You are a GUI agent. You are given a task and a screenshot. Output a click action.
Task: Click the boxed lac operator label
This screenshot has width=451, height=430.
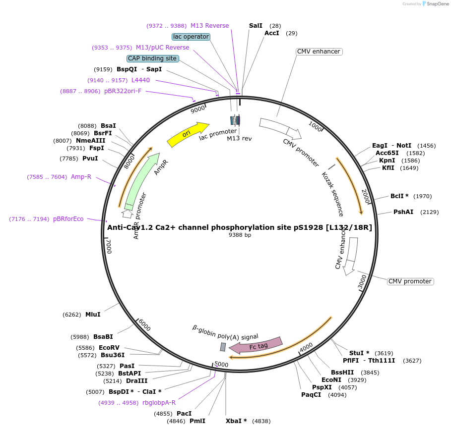click(x=191, y=37)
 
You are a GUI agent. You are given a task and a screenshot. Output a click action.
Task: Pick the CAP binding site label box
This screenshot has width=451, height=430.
click(x=152, y=58)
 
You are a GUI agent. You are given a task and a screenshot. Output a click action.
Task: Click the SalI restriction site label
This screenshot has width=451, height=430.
click(x=256, y=25)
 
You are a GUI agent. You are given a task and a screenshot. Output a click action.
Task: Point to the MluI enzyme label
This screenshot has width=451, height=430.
click(x=93, y=314)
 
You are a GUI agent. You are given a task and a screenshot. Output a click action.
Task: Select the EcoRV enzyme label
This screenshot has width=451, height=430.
click(x=109, y=348)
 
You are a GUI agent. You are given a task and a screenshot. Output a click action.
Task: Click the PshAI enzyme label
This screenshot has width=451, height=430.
click(x=403, y=212)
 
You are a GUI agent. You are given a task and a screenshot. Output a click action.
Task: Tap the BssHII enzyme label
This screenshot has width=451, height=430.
click(x=342, y=373)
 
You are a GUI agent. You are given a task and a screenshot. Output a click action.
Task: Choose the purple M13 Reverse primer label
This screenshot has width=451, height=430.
click(x=209, y=26)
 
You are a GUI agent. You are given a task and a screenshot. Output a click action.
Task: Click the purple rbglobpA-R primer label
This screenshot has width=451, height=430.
click(x=159, y=403)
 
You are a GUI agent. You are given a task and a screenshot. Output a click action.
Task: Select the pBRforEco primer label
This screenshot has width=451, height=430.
click(x=68, y=219)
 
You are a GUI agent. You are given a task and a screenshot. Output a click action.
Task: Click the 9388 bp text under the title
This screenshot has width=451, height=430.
click(x=240, y=235)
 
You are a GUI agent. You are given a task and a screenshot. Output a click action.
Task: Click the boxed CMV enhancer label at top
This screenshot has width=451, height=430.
click(x=319, y=52)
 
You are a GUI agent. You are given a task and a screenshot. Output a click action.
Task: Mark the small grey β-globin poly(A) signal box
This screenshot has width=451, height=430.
click(x=223, y=347)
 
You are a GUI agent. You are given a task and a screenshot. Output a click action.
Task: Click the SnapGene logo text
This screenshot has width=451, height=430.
click(x=436, y=3)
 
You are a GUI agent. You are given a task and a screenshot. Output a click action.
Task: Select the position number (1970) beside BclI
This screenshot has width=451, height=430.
click(x=423, y=196)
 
